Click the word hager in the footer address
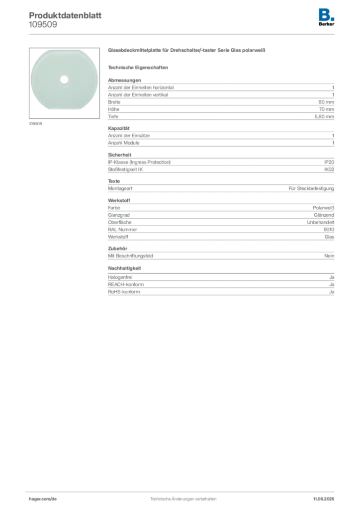click(x=39, y=498)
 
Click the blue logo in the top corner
click(x=327, y=14)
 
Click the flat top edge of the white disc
click(x=62, y=50)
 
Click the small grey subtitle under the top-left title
click(x=44, y=27)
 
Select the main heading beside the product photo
click(x=187, y=50)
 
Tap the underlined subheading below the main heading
click(x=139, y=67)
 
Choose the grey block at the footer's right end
click(x=326, y=496)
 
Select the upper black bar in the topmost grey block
click(x=219, y=101)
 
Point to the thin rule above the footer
click(x=183, y=490)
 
